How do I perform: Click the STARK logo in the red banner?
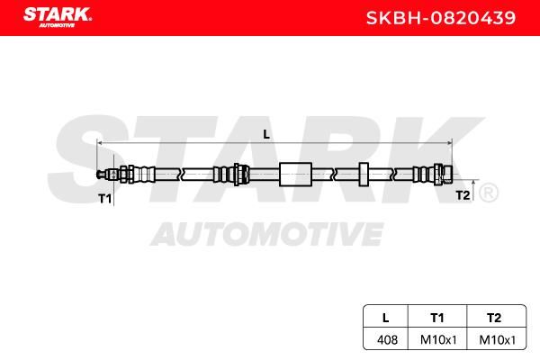click(58, 17)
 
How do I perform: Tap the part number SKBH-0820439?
click(441, 18)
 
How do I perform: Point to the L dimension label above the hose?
click(266, 134)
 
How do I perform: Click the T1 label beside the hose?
click(104, 199)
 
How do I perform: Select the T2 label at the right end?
click(463, 195)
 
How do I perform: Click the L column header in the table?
click(386, 318)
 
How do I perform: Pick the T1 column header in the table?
click(437, 318)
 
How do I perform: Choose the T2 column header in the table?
click(494, 318)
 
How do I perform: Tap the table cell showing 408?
click(387, 339)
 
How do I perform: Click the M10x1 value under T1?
click(438, 339)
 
